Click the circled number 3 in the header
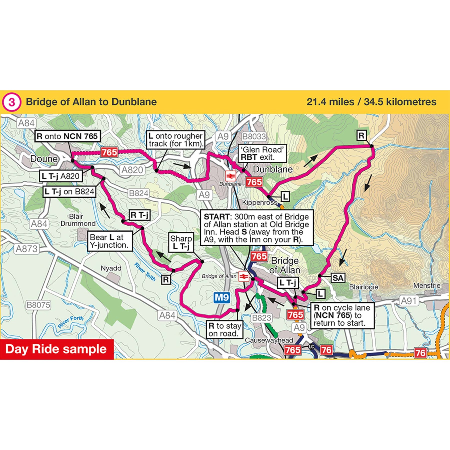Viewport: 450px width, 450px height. tap(11, 102)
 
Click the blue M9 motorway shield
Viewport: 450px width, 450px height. tap(222, 297)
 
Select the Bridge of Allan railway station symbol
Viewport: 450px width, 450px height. tap(243, 276)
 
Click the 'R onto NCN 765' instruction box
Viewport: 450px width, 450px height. tap(67, 136)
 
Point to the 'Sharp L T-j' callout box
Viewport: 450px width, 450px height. tap(181, 242)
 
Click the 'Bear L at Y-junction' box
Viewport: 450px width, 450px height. tap(109, 241)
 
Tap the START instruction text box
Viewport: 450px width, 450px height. tap(257, 228)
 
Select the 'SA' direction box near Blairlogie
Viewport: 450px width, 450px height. tap(338, 278)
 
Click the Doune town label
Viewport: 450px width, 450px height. tap(44, 159)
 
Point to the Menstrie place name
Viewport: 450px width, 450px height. tap(426, 285)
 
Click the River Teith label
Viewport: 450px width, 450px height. tap(145, 272)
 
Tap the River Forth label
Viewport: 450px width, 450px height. tap(70, 322)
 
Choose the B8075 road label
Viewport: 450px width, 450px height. tap(38, 305)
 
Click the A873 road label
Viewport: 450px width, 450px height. tap(26, 249)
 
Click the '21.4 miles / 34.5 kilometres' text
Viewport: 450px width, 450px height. tap(371, 102)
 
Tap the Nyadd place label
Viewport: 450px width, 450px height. tap(111, 268)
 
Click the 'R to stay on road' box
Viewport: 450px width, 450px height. tap(225, 329)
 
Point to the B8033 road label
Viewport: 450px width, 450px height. tap(254, 136)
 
